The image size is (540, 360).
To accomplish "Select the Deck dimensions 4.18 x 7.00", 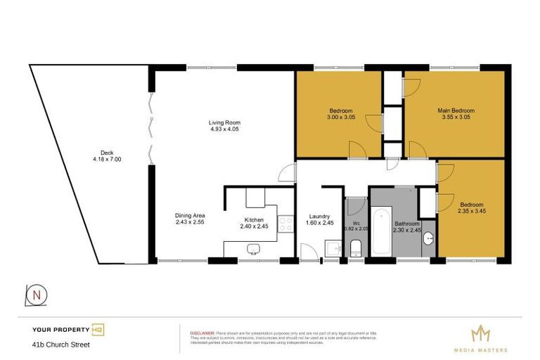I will (107, 160).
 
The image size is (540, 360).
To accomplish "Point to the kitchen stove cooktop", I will (285, 224).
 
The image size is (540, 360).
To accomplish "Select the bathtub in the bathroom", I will (380, 233).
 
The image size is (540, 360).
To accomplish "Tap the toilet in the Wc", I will (356, 247).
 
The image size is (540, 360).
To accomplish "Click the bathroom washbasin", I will (429, 238).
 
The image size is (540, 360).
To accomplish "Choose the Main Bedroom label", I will (456, 111).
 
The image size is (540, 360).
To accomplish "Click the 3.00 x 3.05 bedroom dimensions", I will (341, 118).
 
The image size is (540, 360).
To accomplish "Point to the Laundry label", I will (319, 216).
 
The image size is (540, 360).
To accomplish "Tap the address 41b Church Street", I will (61, 345).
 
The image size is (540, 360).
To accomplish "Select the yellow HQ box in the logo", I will (98, 329).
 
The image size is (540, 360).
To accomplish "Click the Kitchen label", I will (254, 219).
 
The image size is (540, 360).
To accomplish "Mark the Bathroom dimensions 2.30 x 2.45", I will (406, 229).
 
